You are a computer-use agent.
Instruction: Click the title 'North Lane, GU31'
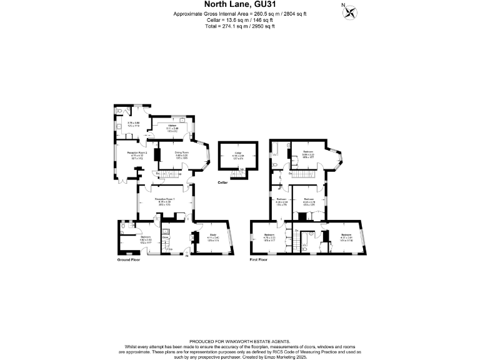pos(239,6)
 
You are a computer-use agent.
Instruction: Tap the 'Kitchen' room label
pos(172,125)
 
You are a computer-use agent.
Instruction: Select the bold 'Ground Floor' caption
pos(129,259)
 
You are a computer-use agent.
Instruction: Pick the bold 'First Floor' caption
pos(258,259)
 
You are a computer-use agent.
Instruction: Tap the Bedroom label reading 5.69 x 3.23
pos(308,151)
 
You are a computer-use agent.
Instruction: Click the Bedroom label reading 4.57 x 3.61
pos(346,235)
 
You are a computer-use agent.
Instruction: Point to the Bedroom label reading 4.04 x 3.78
pos(308,199)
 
